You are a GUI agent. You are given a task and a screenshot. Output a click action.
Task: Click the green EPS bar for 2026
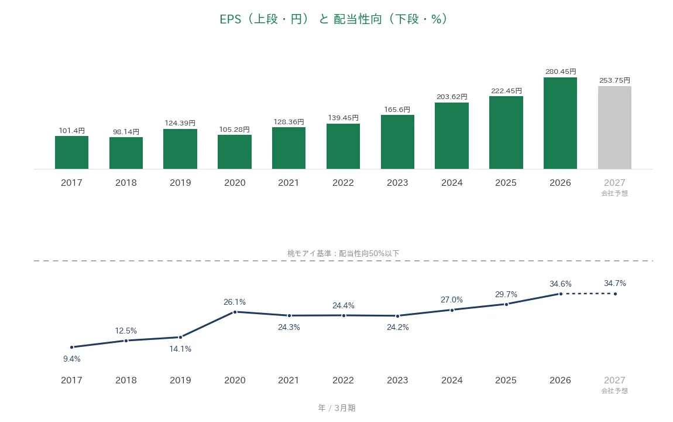pos(560,123)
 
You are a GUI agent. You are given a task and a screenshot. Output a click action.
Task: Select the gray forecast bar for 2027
pos(614,128)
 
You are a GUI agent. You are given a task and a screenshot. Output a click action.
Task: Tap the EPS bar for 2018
pos(126,153)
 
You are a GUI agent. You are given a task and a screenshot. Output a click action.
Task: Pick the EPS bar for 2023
pos(397,142)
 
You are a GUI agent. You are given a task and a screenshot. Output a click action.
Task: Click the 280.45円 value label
pos(561,72)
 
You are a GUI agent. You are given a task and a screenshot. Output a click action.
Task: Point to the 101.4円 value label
pos(71,130)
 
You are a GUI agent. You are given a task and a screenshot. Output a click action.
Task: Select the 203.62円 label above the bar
pos(452,97)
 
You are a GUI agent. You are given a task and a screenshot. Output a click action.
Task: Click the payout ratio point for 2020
pos(235,312)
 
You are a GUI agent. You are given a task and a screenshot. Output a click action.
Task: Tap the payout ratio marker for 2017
pos(71,347)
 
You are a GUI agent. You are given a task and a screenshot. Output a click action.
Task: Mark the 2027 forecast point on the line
pos(615,294)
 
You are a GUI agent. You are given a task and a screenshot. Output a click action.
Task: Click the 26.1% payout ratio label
pos(235,302)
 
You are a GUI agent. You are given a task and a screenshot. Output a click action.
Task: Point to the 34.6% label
pos(561,284)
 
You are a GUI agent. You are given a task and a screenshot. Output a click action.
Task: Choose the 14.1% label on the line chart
pos(180,349)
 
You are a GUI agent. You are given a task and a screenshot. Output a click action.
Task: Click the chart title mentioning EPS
pos(334,19)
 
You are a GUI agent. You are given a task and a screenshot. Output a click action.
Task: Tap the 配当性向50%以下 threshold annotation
pos(369,253)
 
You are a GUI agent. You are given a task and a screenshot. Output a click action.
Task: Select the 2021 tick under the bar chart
pos(289,183)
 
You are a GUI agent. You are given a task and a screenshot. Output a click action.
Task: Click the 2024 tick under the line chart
pos(452,380)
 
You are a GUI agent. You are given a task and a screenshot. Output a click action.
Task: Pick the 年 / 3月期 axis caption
pos(337,408)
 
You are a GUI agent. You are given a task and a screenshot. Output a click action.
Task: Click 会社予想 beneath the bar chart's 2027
pos(614,193)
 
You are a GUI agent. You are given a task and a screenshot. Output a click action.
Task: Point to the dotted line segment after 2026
pos(588,294)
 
